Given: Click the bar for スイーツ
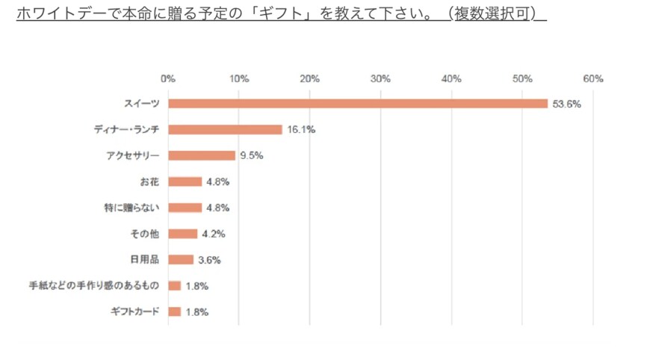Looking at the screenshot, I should pyautogui.click(x=358, y=104).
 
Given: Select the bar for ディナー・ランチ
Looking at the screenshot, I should pyautogui.click(x=225, y=130).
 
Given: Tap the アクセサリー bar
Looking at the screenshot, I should pyautogui.click(x=202, y=155).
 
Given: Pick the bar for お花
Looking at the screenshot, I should pyautogui.click(x=185, y=181).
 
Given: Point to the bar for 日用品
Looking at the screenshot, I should pyautogui.click(x=181, y=260).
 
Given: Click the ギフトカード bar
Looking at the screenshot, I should pyautogui.click(x=174, y=311).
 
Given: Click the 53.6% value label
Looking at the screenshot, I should pyautogui.click(x=566, y=104).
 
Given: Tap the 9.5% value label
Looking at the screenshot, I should pyautogui.click(x=252, y=155).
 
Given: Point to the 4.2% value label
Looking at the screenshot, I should pyautogui.click(x=213, y=234).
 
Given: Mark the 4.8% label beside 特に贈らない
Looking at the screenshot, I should pyautogui.click(x=217, y=208).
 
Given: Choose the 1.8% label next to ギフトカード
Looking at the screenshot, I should pyautogui.click(x=196, y=311).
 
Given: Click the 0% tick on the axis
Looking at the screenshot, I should pyautogui.click(x=168, y=78).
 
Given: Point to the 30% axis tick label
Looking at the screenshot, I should pyautogui.click(x=380, y=78).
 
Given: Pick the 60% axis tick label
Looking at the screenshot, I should pyautogui.click(x=593, y=78).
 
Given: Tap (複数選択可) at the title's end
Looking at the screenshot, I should pyautogui.click(x=500, y=13).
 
